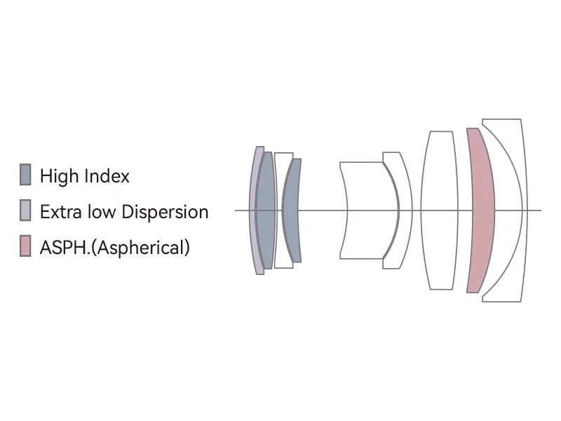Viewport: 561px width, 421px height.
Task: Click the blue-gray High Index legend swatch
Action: click(x=25, y=175)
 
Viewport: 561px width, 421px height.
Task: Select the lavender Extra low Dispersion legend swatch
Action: click(x=25, y=210)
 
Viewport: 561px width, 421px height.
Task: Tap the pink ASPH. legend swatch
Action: click(x=25, y=246)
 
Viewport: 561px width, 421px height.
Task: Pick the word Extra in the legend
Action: click(x=56, y=212)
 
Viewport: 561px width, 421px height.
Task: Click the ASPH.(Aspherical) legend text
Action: click(x=115, y=247)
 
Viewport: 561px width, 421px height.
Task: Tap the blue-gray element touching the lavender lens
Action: click(x=266, y=210)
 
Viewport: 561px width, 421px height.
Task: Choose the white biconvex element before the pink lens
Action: click(x=440, y=210)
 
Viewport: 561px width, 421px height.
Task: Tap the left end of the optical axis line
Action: click(x=236, y=210)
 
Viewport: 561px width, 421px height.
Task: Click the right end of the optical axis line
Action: click(x=541, y=210)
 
